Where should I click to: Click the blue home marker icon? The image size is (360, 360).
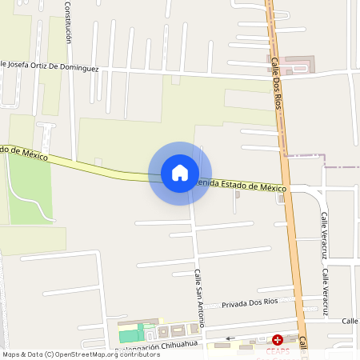pos(180,173)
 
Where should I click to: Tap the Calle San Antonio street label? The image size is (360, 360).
pos(198,298)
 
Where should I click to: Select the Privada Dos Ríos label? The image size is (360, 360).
pos(250,303)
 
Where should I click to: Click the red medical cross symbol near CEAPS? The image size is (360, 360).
pos(278,340)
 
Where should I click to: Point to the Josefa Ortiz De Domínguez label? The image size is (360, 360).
pos(50,66)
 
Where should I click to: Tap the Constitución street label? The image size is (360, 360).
pos(68,22)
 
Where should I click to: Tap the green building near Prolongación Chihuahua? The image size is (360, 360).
pos(129,334)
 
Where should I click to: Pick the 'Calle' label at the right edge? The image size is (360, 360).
pos(350,321)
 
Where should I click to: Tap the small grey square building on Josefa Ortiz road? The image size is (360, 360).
pos(176,80)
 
